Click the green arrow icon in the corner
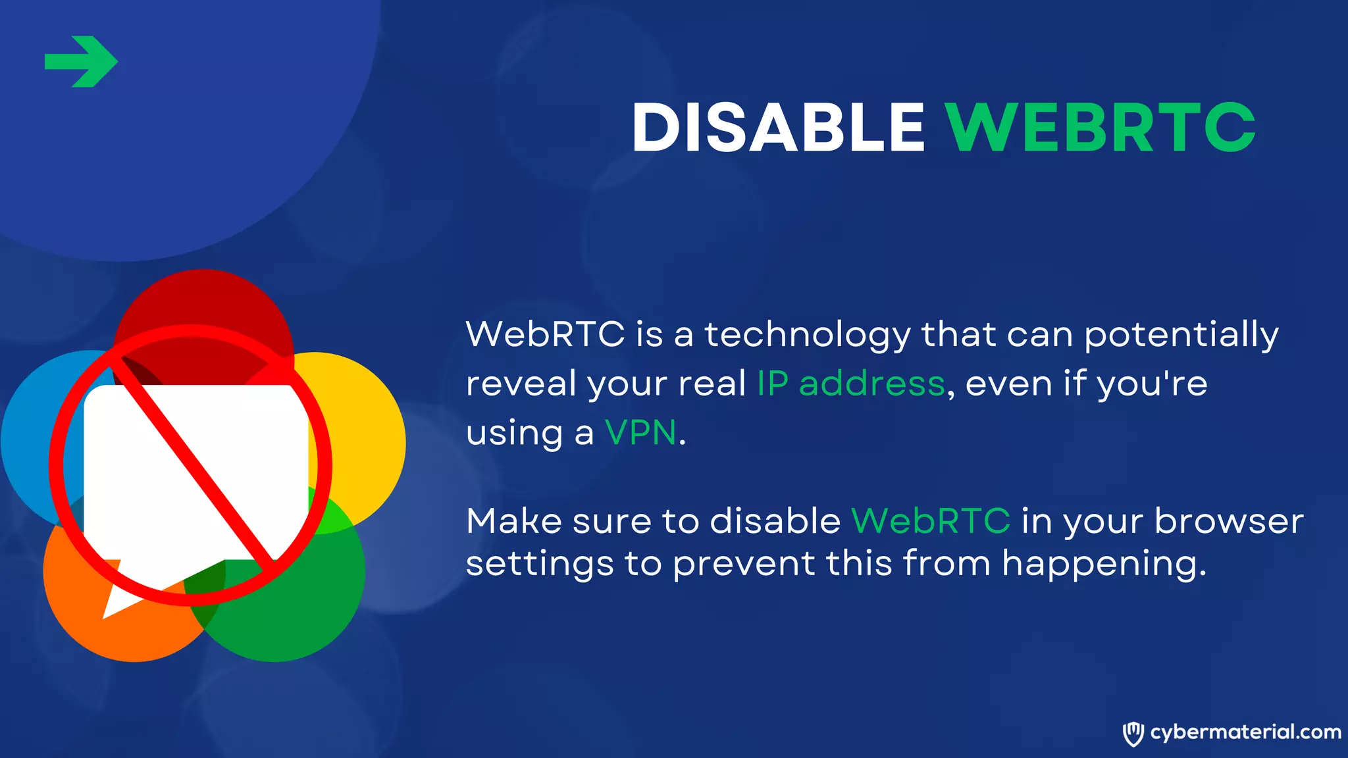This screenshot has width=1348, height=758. pyautogui.click(x=81, y=62)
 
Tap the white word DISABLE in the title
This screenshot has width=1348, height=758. pyautogui.click(x=779, y=128)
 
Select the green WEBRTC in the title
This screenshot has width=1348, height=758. pyautogui.click(x=1101, y=128)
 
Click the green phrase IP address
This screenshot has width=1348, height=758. pyautogui.click(x=851, y=384)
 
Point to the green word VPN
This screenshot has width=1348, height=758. pyautogui.click(x=640, y=433)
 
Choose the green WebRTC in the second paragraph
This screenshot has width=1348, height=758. pyautogui.click(x=931, y=521)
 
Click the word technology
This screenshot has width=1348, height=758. pyautogui.click(x=808, y=335)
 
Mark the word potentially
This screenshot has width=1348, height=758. pyautogui.click(x=1181, y=335)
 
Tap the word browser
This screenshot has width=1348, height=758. pyautogui.click(x=1229, y=521)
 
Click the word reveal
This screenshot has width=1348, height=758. pyautogui.click(x=521, y=384)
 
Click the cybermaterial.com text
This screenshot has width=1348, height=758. pyautogui.click(x=1245, y=732)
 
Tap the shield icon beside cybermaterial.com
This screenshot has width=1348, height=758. pyautogui.click(x=1133, y=733)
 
